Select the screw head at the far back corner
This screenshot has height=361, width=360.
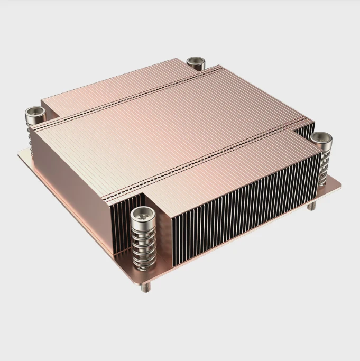point(196,62)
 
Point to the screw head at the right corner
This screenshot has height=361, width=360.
point(321,138)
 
